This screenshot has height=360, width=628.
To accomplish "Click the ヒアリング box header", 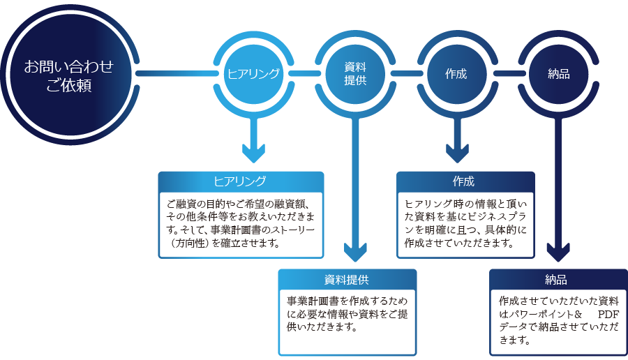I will [241, 181].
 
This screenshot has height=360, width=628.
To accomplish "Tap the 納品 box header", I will [556, 280].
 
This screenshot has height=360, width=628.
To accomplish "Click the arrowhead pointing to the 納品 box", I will [559, 253].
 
